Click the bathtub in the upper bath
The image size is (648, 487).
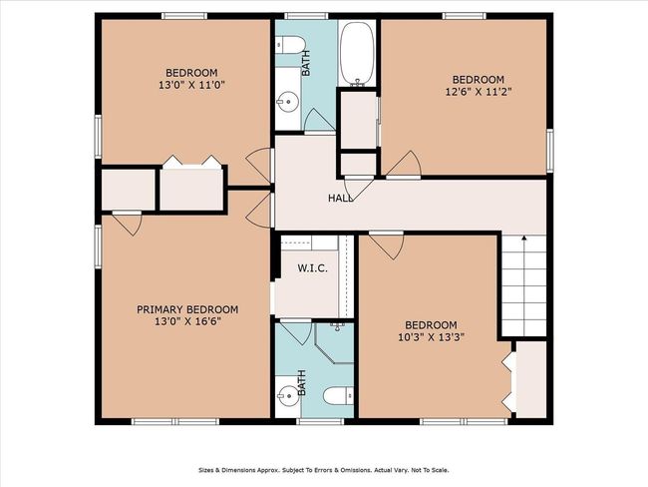point(357,53)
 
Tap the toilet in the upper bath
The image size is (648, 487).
point(290,45)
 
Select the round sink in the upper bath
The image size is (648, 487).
point(288,100)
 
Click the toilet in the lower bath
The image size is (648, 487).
point(338,396)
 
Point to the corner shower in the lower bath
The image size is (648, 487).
point(334,343)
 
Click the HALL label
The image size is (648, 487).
point(341,199)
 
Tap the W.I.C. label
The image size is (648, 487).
point(312,268)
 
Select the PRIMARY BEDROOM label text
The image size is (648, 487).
point(187,309)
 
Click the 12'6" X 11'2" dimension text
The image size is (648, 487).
point(479,91)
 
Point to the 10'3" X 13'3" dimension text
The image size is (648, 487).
point(431,336)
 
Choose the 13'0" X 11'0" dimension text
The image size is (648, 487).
point(191,85)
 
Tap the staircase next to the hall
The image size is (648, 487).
point(524,285)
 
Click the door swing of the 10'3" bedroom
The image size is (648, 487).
point(387,245)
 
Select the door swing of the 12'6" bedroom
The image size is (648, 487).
point(404,165)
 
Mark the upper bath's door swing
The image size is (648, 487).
point(319,121)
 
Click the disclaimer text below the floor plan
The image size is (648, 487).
point(324,470)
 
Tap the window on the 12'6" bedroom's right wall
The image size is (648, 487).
point(550,151)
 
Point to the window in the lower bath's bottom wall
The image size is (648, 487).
point(320,421)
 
